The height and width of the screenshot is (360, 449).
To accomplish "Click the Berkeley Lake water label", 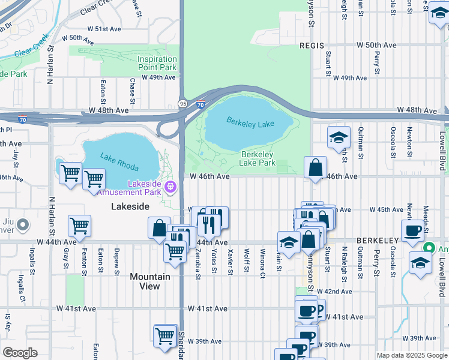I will pos(250,122).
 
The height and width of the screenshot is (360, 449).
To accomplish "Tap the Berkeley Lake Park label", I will pos(258,158).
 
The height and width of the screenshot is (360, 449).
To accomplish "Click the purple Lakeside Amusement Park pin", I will pos(171,187).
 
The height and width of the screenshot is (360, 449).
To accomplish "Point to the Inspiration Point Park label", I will pos(157,63).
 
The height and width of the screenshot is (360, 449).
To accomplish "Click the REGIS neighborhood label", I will pos(312,46).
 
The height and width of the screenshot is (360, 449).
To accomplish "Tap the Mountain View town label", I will pos(150,281).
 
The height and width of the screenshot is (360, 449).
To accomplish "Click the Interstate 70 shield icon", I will pos(201,104).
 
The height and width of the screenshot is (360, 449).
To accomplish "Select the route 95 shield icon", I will pos(181,104).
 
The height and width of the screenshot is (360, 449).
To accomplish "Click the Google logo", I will pos(20,353).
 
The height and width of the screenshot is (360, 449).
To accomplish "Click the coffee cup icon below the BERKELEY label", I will pos(413,232).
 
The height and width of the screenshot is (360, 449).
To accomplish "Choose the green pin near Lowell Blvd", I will pos(429,247).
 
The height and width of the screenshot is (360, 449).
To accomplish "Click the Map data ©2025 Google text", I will pos(411,355).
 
